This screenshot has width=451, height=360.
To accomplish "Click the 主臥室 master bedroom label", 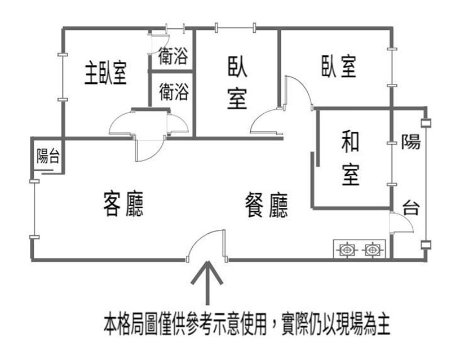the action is pyautogui.click(x=106, y=73).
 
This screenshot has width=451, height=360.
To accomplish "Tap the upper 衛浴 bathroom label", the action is pyautogui.click(x=173, y=56).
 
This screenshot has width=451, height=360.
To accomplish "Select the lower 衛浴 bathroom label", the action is pyautogui.click(x=174, y=92).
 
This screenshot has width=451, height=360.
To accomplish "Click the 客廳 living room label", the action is pyautogui.click(x=123, y=204).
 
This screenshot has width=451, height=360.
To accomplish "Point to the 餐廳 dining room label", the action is pyautogui.click(x=266, y=205).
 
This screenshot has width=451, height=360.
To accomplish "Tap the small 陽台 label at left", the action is pyautogui.click(x=48, y=156).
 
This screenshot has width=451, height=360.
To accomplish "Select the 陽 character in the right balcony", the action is pyautogui.click(x=411, y=142).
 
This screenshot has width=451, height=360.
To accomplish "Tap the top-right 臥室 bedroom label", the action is pyautogui.click(x=339, y=66).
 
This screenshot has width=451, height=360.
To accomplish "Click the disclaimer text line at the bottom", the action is pyautogui.click(x=247, y=325).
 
